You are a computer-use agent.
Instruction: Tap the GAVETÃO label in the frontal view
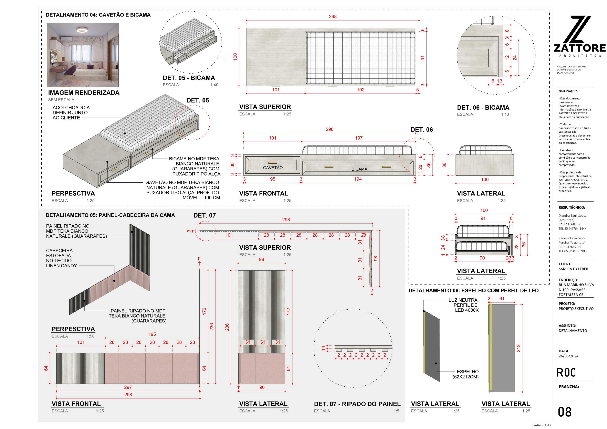coord(273,168)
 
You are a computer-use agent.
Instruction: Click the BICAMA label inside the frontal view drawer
coord(359,169)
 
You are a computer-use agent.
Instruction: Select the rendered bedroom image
coord(83,55)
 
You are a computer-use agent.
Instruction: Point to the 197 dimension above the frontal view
coord(358,138)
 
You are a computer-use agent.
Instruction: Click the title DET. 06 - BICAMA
coord(483,108)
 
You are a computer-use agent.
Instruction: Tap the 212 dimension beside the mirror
coord(518,348)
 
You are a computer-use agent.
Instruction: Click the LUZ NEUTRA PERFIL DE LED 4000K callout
coord(463,305)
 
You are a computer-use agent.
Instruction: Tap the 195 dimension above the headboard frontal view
coord(152,334)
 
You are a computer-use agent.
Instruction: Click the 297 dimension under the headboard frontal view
coord(128,387)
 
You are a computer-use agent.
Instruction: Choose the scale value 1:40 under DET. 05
coord(214,85)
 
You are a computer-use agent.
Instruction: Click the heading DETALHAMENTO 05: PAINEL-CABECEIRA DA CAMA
coord(110,215)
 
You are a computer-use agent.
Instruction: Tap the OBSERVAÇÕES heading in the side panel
coord(568,91)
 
